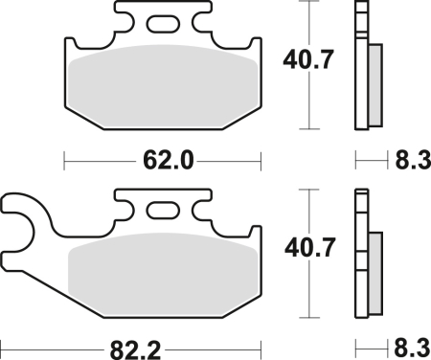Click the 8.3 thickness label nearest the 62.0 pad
pyautogui.click(x=408, y=162)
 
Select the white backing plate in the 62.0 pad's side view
pyautogui.click(x=361, y=67)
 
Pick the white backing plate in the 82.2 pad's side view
pyautogui.click(x=361, y=254)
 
